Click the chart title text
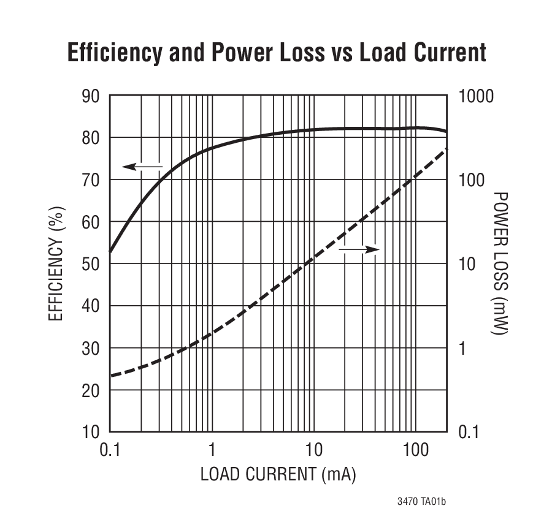tap(277, 53)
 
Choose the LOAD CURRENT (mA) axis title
tap(278, 474)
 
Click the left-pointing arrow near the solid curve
tap(142, 166)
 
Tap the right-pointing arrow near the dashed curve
tap(359, 249)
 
